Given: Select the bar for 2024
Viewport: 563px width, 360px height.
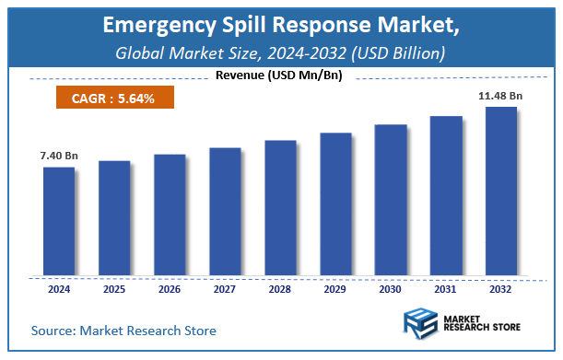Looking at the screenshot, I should (59, 221).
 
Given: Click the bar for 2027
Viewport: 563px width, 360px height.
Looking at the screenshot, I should (225, 211).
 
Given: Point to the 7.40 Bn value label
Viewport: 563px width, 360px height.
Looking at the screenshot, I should (59, 157).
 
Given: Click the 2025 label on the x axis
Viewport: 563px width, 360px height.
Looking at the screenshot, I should (114, 289).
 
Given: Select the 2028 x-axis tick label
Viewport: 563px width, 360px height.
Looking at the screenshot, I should (280, 289).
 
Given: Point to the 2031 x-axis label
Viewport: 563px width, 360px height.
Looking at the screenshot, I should (446, 289).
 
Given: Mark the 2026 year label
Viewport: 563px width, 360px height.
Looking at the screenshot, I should (170, 289).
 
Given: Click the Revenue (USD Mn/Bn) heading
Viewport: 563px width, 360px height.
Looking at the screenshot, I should (281, 75).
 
